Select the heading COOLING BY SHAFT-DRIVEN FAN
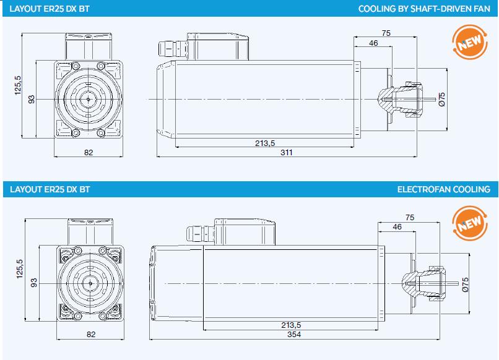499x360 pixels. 424,9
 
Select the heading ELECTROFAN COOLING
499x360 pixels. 443,189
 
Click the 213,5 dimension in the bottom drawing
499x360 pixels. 290,325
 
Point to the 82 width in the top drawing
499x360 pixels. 89,152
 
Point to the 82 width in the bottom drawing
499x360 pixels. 91,335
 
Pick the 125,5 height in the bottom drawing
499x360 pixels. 18,270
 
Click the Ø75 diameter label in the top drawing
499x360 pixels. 442,99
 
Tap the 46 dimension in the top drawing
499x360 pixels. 373,43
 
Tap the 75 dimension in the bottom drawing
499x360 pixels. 409,217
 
